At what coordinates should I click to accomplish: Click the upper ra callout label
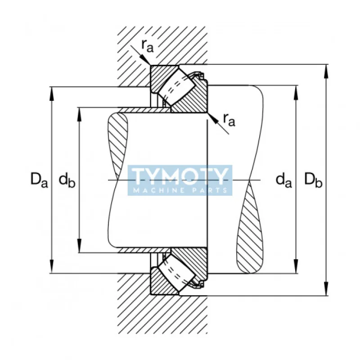(147, 45)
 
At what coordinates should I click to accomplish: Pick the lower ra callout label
(229, 120)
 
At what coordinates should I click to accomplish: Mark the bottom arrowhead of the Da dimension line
(52, 266)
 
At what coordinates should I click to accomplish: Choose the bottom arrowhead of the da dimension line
(296, 266)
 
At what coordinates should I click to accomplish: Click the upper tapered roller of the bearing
(178, 86)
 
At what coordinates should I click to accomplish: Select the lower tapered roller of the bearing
(178, 274)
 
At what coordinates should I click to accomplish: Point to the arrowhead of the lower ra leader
(212, 118)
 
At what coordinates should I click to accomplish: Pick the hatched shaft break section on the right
(249, 227)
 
